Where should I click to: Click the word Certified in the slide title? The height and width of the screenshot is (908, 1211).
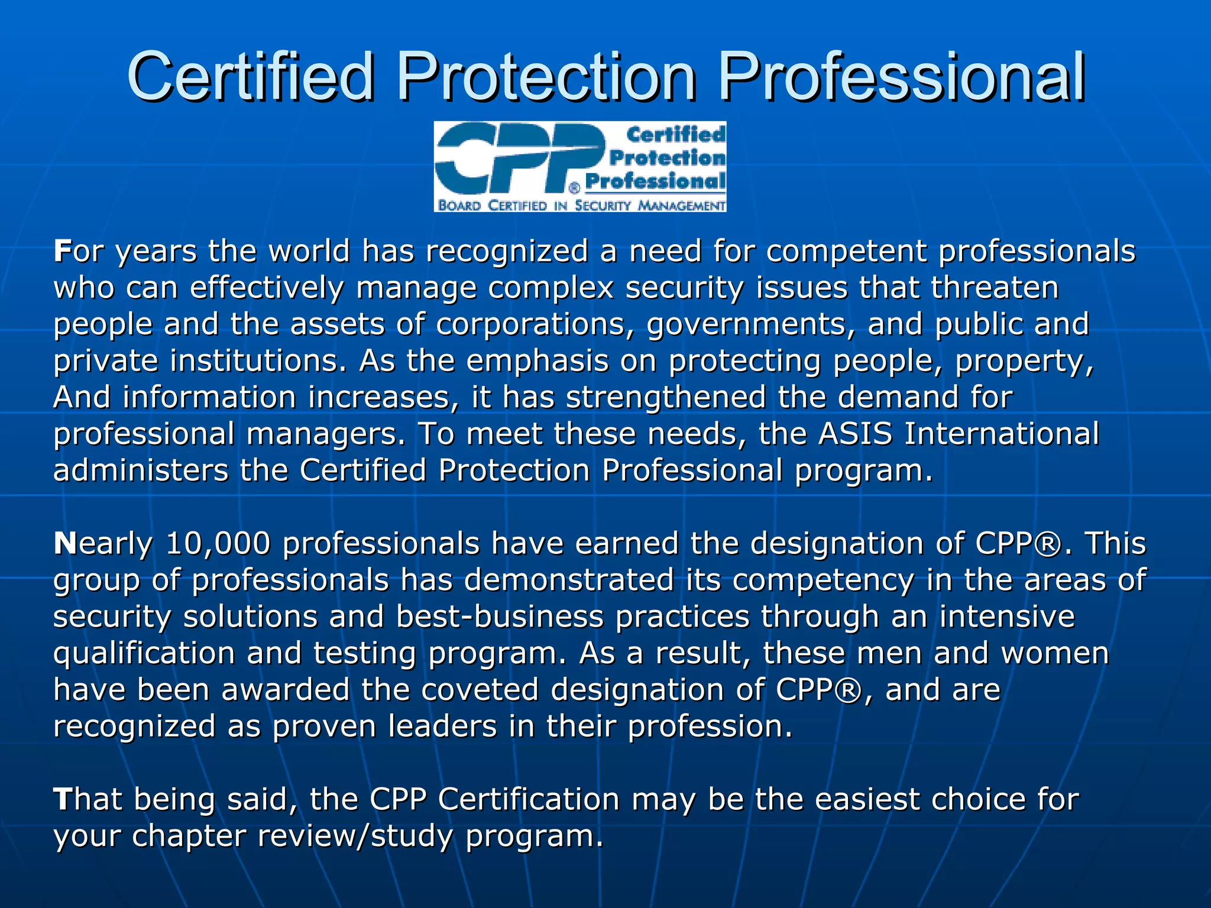[x=251, y=77]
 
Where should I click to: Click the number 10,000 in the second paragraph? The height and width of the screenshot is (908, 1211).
[x=218, y=543]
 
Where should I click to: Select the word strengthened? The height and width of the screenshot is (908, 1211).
[x=666, y=397]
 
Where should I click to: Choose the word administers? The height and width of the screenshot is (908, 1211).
[x=141, y=471]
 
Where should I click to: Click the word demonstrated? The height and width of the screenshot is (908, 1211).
[x=569, y=580]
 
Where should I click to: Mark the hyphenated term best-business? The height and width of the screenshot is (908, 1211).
[x=500, y=617]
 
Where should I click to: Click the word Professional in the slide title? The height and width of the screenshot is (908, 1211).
[x=901, y=77]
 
